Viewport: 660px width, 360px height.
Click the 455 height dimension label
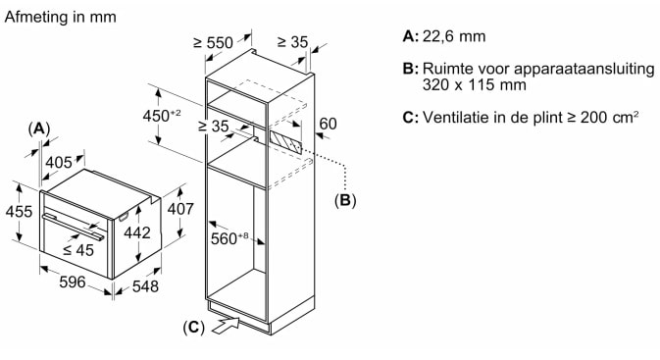pos(19,211)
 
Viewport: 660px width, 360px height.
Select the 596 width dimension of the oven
pos(73,283)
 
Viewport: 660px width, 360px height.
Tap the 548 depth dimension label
pos(145,286)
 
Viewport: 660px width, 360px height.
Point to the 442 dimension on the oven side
pos(137,232)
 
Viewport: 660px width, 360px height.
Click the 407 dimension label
pos(180,209)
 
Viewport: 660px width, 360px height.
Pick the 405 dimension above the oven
pos(59,162)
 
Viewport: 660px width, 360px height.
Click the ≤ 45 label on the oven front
pos(77,250)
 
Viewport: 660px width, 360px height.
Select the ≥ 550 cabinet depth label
pos(213,42)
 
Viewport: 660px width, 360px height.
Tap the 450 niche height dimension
pos(162,116)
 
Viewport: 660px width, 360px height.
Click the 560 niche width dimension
pos(229,238)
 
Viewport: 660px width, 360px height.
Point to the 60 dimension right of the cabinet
pos(328,124)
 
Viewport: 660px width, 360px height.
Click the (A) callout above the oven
pos(38,129)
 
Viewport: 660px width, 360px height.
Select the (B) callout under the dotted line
pos(345,200)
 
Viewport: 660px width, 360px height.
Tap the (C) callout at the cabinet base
pos(193,328)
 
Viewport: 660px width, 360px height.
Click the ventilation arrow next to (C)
pos(226,325)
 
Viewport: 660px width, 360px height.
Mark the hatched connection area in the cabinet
pos(285,141)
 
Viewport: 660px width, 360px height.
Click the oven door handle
pos(74,227)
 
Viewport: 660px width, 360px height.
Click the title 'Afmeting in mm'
pos(60,17)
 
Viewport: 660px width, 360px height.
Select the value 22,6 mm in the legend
pos(454,36)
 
